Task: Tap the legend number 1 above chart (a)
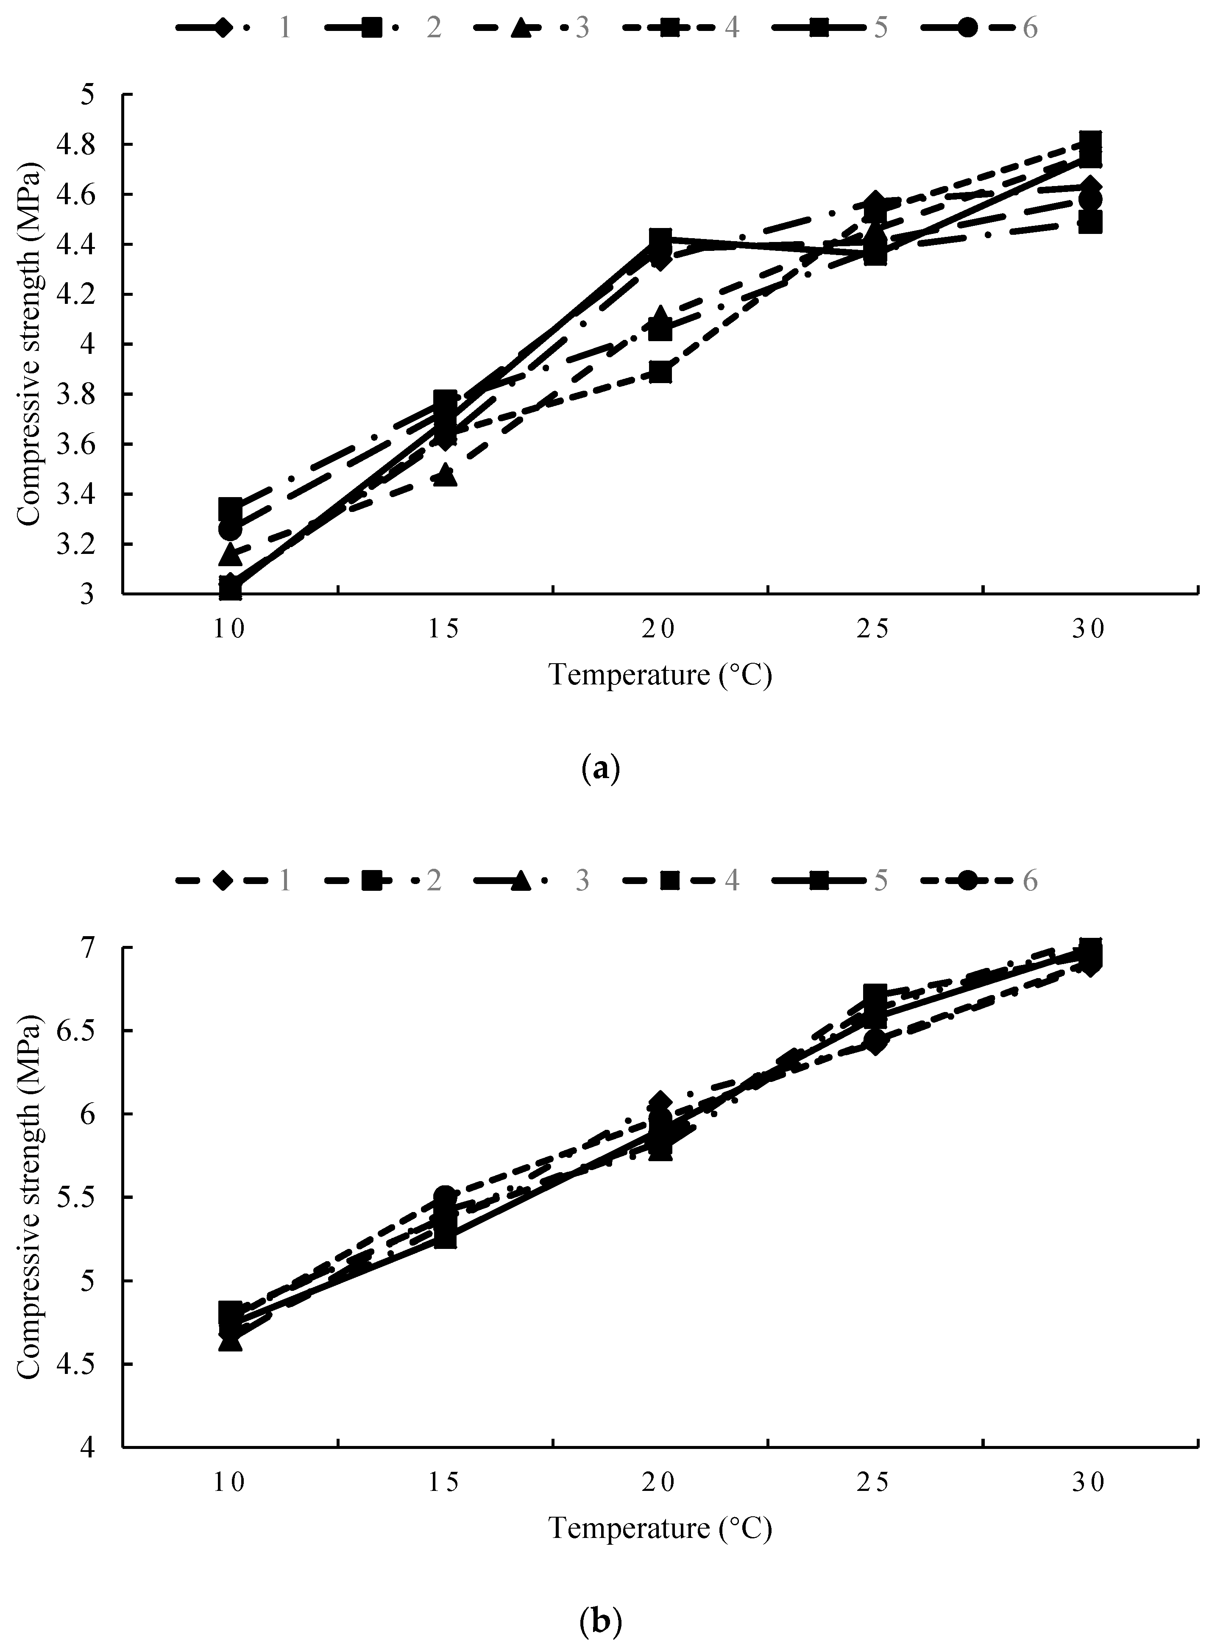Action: tap(284, 28)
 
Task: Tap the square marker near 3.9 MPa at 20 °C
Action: tap(660, 372)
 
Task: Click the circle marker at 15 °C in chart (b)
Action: tap(445, 1196)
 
